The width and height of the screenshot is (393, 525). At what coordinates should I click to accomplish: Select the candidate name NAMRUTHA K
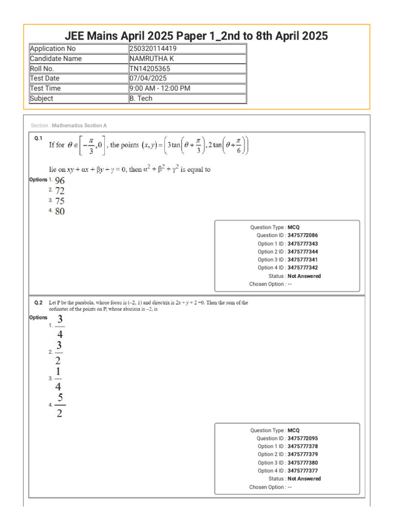[x=152, y=58]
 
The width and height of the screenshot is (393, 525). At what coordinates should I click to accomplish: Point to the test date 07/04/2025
[x=148, y=78]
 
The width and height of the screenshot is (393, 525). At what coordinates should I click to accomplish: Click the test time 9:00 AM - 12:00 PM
[x=160, y=88]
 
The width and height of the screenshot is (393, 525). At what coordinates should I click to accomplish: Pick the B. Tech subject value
[x=141, y=98]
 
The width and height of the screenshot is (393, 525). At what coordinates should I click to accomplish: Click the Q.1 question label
[x=38, y=138]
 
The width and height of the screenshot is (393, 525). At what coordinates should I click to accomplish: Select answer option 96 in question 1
[x=60, y=180]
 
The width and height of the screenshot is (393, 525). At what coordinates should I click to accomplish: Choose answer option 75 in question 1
[x=60, y=201]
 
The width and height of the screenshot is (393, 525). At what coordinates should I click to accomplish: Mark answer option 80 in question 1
[x=60, y=211]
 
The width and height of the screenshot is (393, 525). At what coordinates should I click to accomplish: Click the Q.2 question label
[x=38, y=303]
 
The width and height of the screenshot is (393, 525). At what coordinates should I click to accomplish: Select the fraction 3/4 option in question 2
[x=60, y=327]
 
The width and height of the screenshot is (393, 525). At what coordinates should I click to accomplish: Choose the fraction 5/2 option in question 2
[x=60, y=406]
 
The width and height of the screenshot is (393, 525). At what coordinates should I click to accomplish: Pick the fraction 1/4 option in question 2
[x=60, y=379]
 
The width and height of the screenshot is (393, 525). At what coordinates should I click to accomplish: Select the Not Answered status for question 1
[x=304, y=276]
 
